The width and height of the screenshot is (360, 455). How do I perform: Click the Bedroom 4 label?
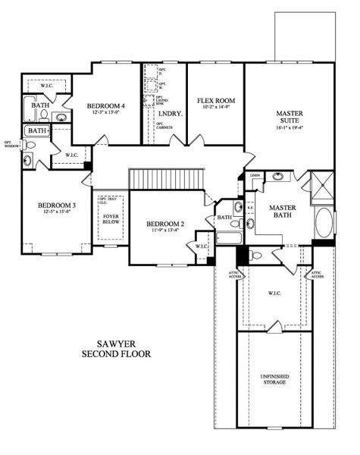(x=105, y=105)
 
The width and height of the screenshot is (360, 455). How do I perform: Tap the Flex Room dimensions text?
(x=216, y=108)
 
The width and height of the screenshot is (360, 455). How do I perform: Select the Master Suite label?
(x=290, y=118)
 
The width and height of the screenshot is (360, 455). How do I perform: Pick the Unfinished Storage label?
(x=274, y=379)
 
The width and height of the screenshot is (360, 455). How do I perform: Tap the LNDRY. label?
(x=167, y=115)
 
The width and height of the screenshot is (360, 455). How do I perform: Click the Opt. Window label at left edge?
(x=10, y=144)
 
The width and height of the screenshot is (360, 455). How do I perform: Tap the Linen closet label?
(x=255, y=176)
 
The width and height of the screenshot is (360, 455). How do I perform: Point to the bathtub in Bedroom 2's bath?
(x=227, y=240)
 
